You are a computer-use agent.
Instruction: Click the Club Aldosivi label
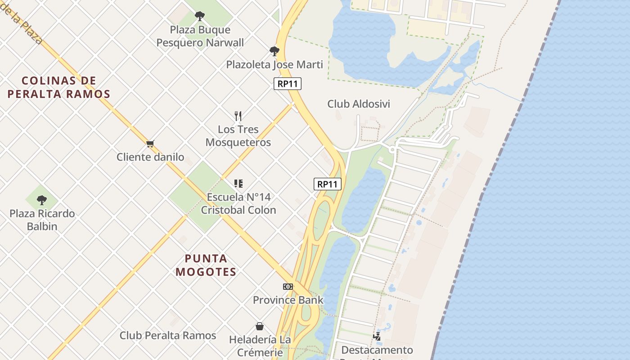[x=359, y=104]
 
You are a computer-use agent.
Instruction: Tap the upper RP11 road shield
[x=288, y=84]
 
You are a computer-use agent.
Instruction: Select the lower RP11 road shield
[x=327, y=184]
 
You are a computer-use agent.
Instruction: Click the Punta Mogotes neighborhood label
[x=207, y=265]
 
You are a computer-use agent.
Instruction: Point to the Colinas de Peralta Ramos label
[x=59, y=87]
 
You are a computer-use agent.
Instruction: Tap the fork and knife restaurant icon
[x=238, y=116]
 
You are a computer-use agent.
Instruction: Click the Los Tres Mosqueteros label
[x=238, y=136]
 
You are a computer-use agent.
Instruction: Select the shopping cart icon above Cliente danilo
[x=150, y=144]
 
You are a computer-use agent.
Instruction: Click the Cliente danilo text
[x=150, y=157]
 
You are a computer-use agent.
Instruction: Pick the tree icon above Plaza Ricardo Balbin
[x=42, y=200]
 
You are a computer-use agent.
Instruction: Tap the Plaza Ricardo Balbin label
[x=42, y=220]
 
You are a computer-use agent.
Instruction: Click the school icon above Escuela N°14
[x=238, y=184]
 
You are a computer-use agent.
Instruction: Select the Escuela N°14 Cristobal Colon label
[x=238, y=203]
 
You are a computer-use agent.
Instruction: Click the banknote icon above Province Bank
[x=288, y=287]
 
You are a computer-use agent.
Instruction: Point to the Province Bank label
[x=288, y=300]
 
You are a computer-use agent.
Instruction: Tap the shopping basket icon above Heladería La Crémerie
[x=260, y=326]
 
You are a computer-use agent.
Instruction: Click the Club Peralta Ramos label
[x=168, y=336]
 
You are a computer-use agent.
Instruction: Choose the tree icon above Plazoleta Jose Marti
[x=274, y=51]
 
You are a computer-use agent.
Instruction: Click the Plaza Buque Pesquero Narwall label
[x=200, y=36]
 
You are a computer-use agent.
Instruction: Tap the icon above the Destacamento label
[x=377, y=336]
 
